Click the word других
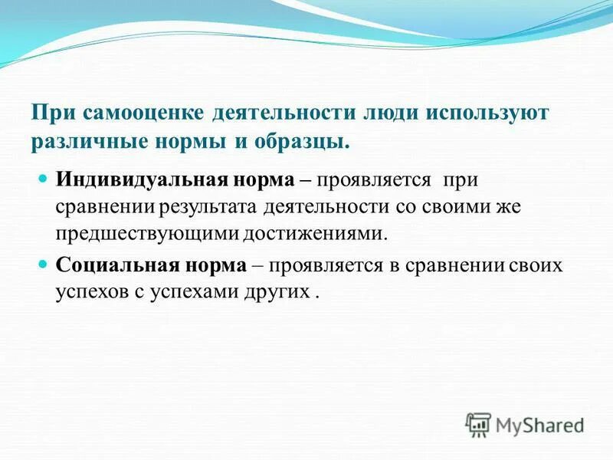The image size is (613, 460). pos(280,291)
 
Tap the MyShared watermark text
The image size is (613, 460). pos(539,424)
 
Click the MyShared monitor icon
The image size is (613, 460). pos(478,423)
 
